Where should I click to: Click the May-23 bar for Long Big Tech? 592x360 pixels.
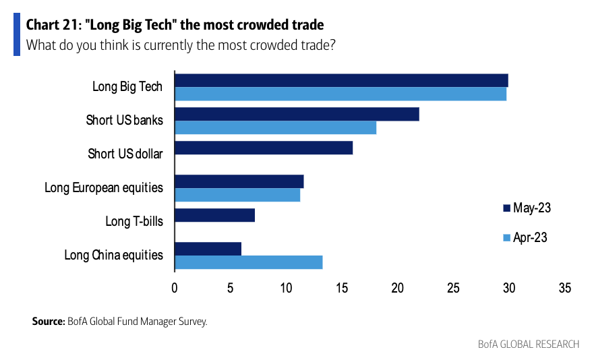click(x=341, y=81)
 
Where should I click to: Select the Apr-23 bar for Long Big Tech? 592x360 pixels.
click(x=341, y=94)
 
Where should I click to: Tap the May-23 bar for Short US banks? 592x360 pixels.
click(x=297, y=115)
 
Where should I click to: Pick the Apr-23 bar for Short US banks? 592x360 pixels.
click(x=275, y=127)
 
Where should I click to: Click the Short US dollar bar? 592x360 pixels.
click(x=264, y=148)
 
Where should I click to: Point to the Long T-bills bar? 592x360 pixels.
click(x=214, y=215)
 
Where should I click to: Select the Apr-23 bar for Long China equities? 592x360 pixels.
click(x=248, y=262)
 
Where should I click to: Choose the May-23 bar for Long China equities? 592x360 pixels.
click(x=208, y=249)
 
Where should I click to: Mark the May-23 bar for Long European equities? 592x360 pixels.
click(x=239, y=181)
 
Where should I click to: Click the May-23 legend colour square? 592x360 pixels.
click(x=506, y=208)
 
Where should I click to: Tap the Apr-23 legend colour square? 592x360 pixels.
click(x=506, y=237)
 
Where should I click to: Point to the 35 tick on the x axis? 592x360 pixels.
click(x=564, y=288)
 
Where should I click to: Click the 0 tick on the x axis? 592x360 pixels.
click(x=175, y=288)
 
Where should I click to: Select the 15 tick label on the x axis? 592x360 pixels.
click(x=342, y=288)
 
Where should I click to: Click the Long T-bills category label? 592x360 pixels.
click(x=134, y=220)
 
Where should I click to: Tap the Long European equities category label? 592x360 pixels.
click(x=104, y=187)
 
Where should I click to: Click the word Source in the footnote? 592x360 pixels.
click(x=47, y=321)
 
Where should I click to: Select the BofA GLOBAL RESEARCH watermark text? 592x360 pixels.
click(x=528, y=344)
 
